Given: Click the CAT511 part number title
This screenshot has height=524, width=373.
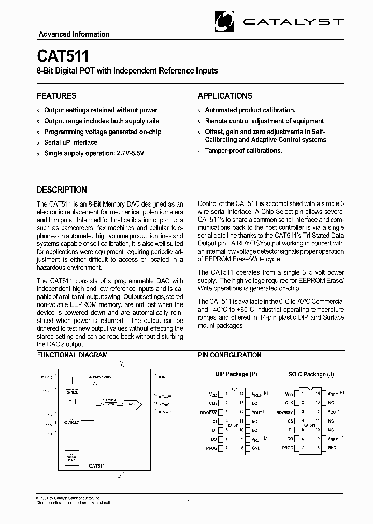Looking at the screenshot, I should click(x=63, y=56).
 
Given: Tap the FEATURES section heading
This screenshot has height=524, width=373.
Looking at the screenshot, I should click(x=56, y=96).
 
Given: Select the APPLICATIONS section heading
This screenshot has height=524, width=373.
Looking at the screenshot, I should click(x=225, y=96).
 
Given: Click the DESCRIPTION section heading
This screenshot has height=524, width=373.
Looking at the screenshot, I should click(x=62, y=190).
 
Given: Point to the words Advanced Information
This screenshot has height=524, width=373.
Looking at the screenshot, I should click(x=74, y=34).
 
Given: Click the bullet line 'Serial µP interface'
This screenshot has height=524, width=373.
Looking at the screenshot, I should click(x=70, y=142).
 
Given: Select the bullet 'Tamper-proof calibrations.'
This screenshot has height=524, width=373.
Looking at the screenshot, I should click(x=243, y=150).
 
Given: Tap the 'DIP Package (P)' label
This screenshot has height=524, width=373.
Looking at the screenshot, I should click(x=236, y=374).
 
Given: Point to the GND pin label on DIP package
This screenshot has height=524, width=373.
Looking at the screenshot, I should click(x=255, y=448).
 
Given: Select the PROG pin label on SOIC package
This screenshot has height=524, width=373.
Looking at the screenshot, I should click(x=288, y=448).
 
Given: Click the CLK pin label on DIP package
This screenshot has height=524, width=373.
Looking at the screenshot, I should click(x=212, y=402).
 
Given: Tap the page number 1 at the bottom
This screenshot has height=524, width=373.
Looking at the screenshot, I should click(x=189, y=502).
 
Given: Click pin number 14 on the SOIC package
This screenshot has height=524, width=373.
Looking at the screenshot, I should click(x=318, y=394).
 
